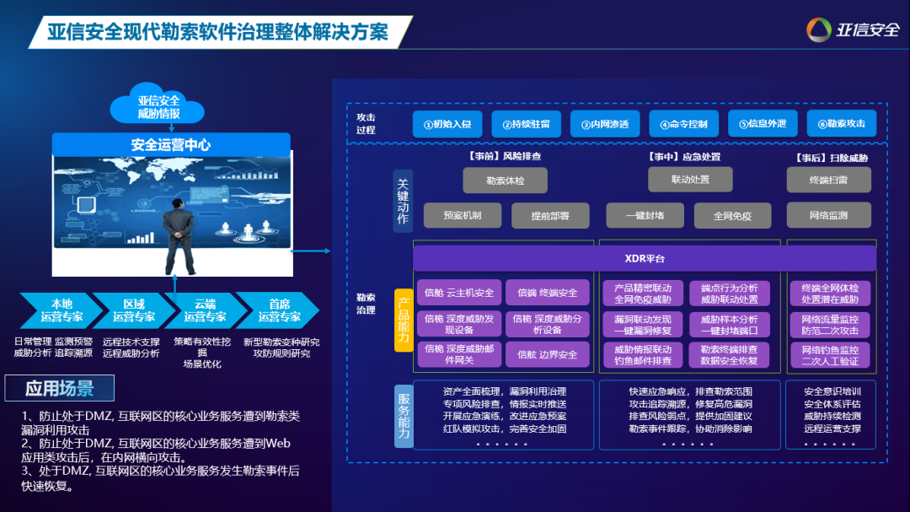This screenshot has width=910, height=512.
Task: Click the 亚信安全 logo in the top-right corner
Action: (x=852, y=30)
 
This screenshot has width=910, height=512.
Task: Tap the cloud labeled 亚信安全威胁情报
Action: (x=158, y=105)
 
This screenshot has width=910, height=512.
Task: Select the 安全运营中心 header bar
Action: (x=171, y=145)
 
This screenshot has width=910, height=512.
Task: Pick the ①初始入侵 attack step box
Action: (x=447, y=124)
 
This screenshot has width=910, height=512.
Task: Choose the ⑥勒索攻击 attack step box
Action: (x=841, y=124)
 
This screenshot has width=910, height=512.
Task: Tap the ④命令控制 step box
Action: (x=683, y=124)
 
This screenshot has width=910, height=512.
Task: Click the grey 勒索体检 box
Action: (x=505, y=180)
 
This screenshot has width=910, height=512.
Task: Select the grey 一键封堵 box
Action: (x=645, y=215)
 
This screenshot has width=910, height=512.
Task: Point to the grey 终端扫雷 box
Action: (x=828, y=180)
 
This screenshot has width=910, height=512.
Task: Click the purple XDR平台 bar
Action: (x=645, y=258)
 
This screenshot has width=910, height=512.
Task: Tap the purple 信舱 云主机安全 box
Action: (x=459, y=293)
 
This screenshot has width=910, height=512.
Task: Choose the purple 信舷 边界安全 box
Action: (x=548, y=355)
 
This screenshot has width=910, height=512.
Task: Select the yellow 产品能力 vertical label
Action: (x=404, y=320)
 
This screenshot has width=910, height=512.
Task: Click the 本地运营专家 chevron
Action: (x=61, y=310)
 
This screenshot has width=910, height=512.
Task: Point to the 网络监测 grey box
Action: (x=828, y=215)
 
